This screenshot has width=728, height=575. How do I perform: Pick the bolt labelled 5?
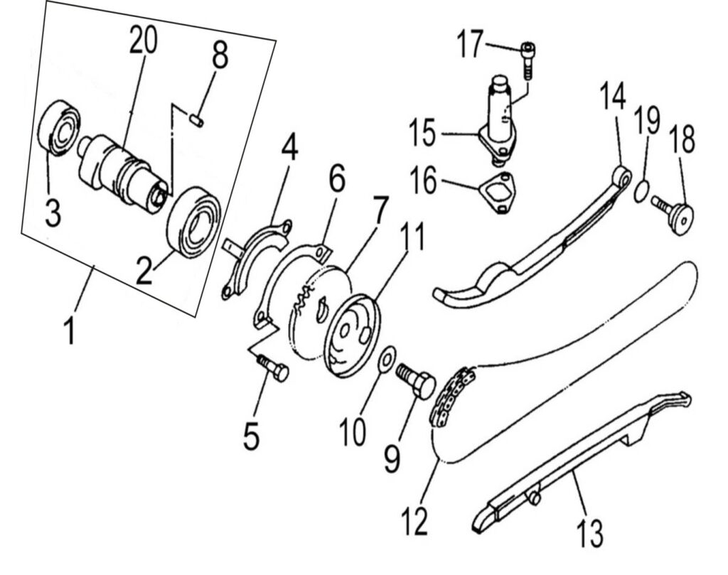click(x=274, y=367)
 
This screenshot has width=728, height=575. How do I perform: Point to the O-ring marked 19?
click(x=640, y=190)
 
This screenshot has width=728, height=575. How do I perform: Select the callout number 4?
click(x=289, y=149)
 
